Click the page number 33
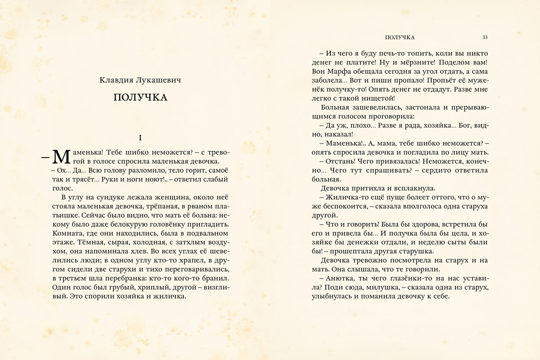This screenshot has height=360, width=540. tap(485, 37)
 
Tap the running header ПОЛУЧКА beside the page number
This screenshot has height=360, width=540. tap(397, 37)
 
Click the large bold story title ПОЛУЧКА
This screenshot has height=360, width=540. tap(140, 98)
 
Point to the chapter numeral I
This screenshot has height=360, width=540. tap(140, 137)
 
